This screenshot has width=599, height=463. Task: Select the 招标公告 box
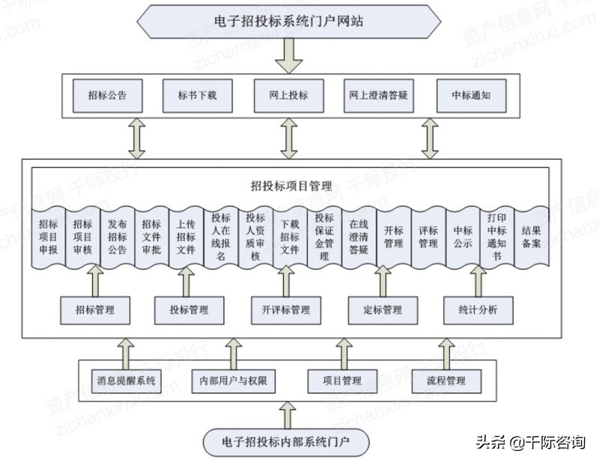coord(106,96)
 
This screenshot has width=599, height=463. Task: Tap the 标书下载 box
coord(197,96)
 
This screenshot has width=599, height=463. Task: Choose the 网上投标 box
coord(288,96)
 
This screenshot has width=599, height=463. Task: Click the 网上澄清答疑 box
coord(380,96)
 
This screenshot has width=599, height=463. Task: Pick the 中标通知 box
coord(471,96)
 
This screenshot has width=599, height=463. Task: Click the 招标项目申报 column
coord(48,237)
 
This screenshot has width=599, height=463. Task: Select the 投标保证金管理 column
coord(324,237)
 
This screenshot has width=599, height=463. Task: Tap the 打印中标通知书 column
coord(496,237)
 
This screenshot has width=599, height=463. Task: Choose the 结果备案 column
coord(531,237)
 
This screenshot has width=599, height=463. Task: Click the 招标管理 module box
coord(95,309)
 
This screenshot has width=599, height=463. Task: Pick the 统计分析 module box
coord(478,309)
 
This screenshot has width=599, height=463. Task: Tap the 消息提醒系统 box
coord(126,381)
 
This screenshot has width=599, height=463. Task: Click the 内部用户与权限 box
coord(234,381)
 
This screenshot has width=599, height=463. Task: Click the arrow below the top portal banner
coord(289,55)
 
